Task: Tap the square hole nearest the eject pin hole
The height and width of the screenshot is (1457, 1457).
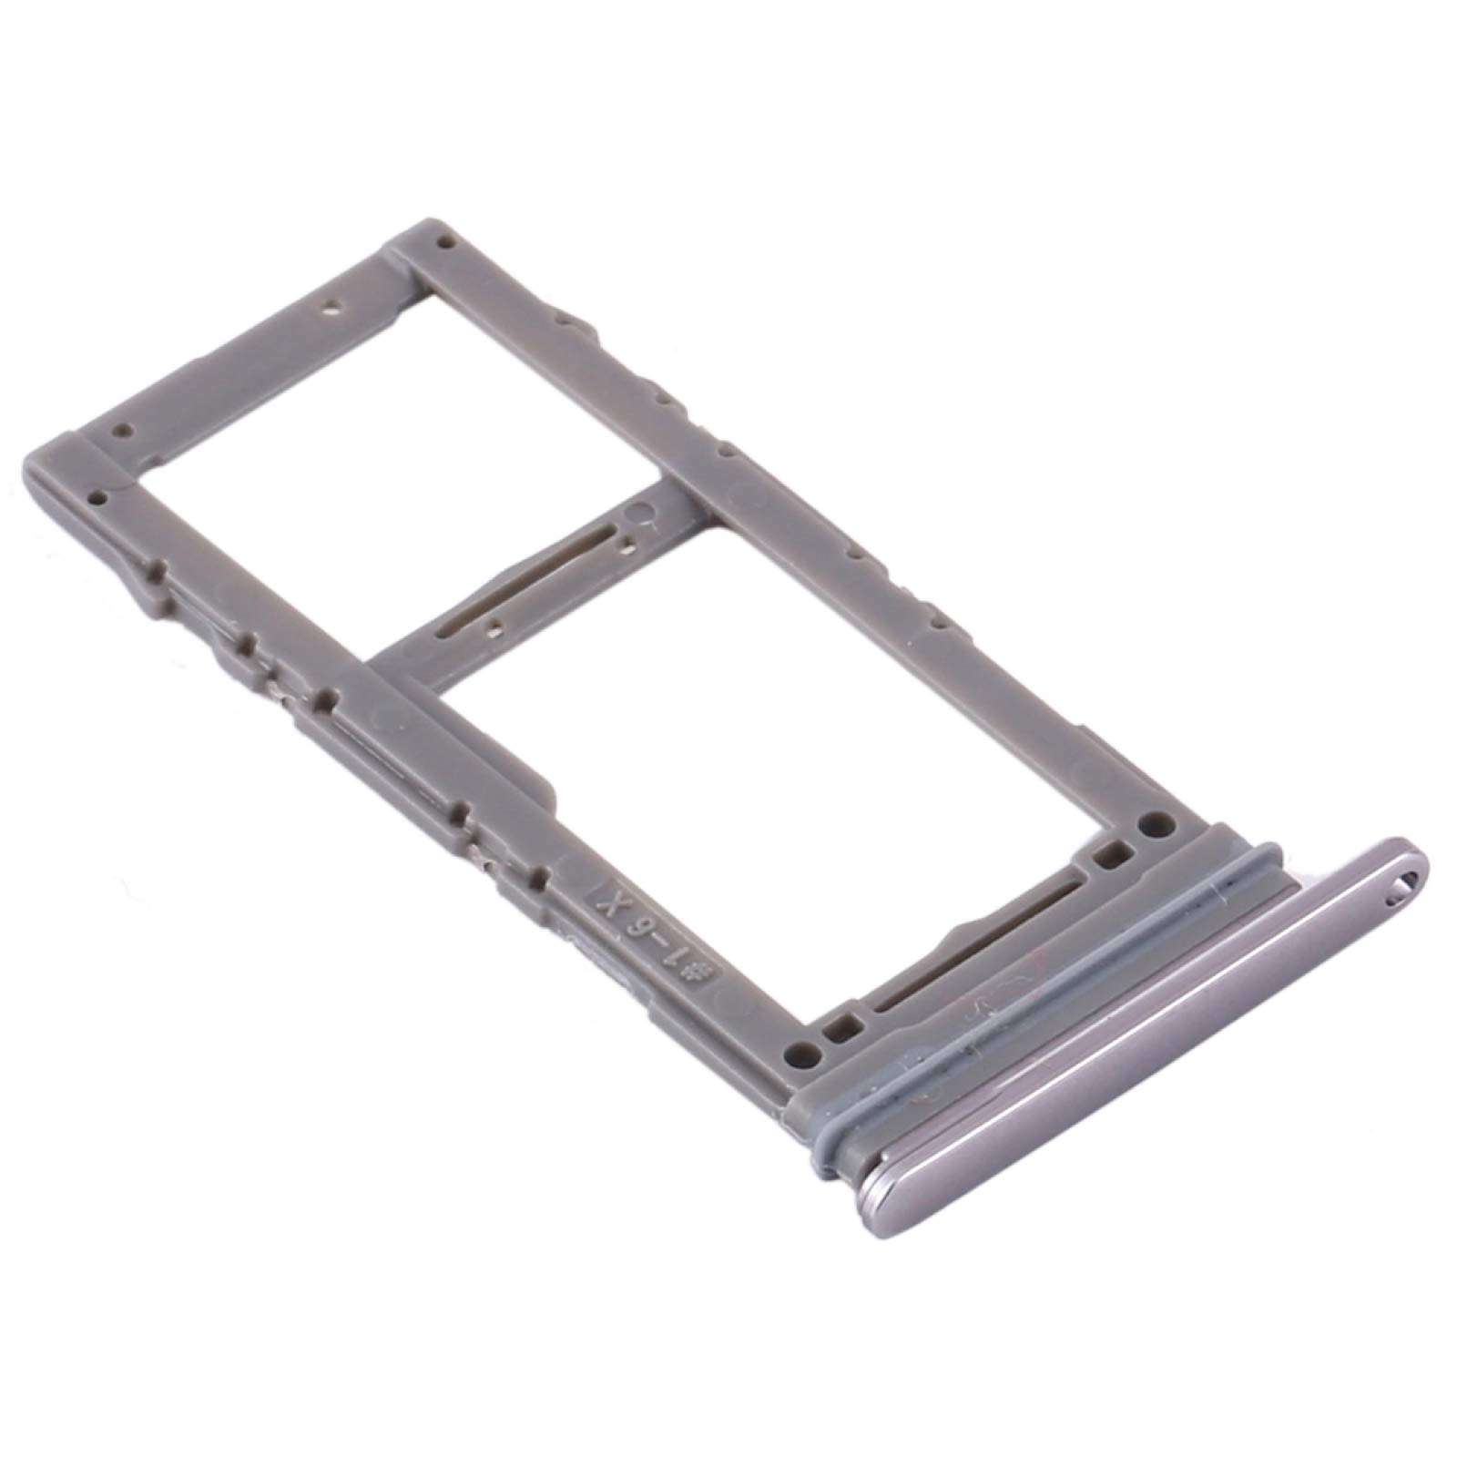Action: click(1108, 856)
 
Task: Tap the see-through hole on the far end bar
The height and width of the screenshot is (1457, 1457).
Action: click(333, 307)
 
